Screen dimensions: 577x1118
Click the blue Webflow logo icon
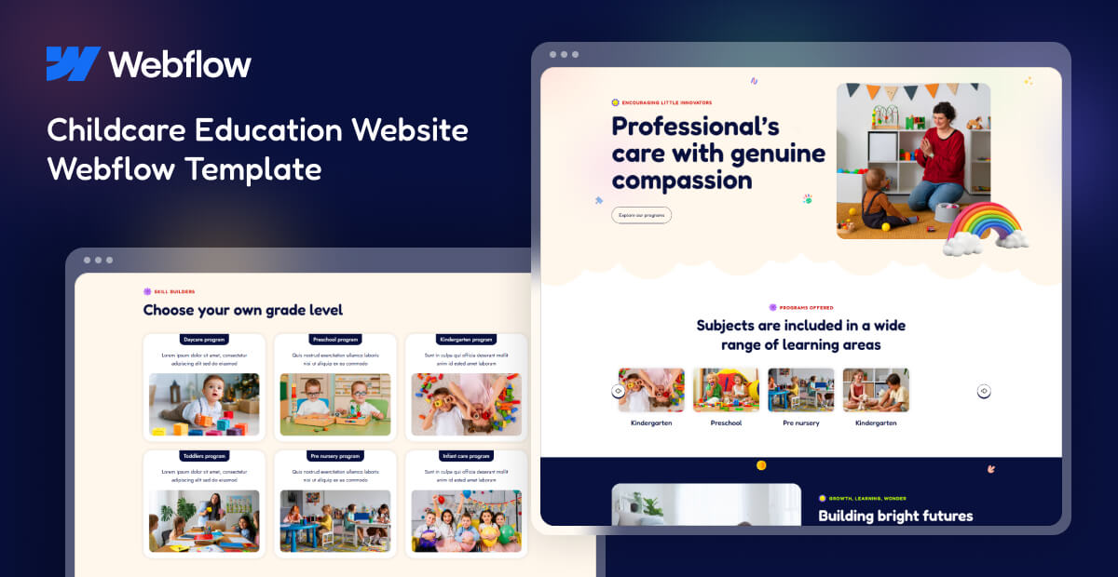coord(73,63)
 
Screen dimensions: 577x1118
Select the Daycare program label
coord(204,340)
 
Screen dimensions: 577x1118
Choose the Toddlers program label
coord(204,456)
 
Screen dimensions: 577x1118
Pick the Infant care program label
coord(466,456)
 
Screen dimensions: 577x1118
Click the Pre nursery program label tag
coord(334,456)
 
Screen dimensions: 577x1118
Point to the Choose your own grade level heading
coord(242,310)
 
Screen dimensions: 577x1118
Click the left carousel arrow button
coord(618,391)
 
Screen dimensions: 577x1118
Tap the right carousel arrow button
coord(984,391)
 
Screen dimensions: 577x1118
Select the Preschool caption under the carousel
coord(726,423)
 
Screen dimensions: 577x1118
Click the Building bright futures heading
coord(894,516)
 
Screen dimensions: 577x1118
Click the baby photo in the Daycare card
coord(204,404)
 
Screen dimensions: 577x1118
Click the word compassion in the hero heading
coord(682,181)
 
